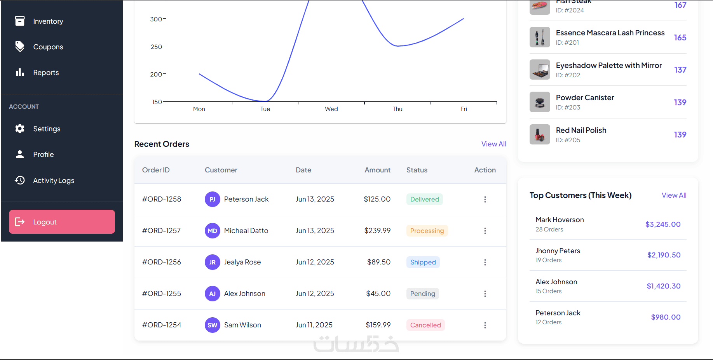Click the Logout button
tap(62, 222)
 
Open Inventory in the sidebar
tap(48, 21)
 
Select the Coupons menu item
tap(48, 47)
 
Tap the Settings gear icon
tap(20, 129)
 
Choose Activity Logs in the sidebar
tap(54, 180)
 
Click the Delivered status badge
tap(425, 199)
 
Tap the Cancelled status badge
tap(425, 325)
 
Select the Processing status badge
tap(427, 231)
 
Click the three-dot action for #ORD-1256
tap(485, 262)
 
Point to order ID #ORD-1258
tap(162, 199)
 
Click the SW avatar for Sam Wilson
tap(213, 325)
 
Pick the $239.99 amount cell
tap(377, 231)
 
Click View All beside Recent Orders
tap(494, 144)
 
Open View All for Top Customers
tap(674, 195)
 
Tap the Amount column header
tap(378, 170)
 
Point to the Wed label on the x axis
tap(331, 109)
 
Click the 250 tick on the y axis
tap(156, 47)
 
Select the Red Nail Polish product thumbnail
tap(540, 134)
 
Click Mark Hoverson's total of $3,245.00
tap(663, 224)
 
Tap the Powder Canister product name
tap(585, 98)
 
